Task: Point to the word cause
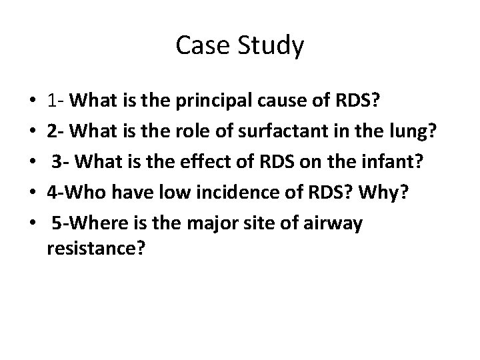pos(273,101)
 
